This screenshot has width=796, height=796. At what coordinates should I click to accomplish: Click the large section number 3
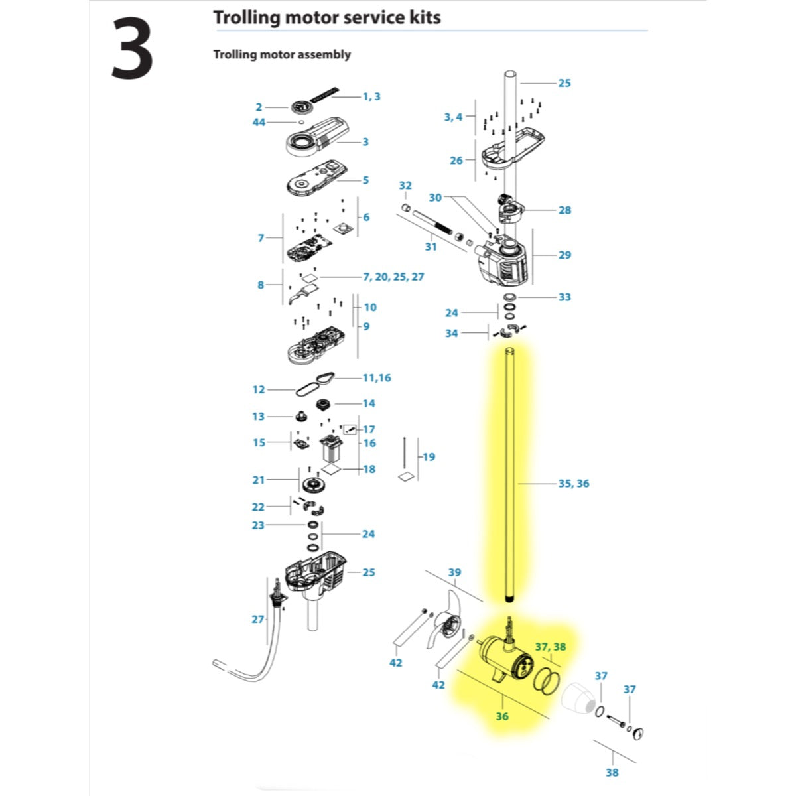132,48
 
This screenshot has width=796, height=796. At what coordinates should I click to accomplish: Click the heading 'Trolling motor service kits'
327,17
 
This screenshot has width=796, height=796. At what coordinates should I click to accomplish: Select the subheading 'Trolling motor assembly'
282,54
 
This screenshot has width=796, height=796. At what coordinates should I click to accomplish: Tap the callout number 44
259,122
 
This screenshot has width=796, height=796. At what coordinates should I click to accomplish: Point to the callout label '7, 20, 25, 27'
393,277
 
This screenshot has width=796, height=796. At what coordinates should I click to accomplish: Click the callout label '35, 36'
574,484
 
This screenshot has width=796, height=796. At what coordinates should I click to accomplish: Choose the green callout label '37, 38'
551,647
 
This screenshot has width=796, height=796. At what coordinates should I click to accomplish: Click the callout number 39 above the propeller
454,572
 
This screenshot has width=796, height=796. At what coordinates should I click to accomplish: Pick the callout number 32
405,186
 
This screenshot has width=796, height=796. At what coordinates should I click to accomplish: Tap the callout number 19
429,457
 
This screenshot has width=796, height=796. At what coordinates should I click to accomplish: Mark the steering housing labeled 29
502,262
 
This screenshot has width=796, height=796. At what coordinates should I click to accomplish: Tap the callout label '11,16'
377,378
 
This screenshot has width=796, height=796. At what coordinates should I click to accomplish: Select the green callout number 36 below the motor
502,716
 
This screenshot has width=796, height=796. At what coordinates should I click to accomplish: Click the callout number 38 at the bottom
612,773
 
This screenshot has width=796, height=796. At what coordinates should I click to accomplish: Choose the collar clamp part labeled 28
511,208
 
